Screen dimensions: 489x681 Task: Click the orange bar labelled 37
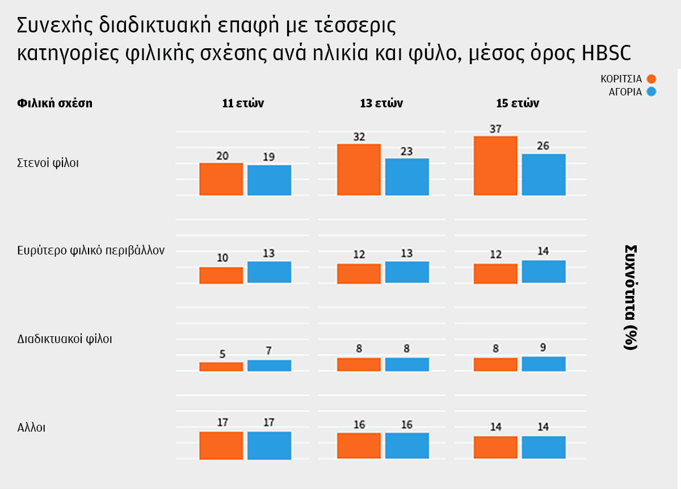coord(495,166)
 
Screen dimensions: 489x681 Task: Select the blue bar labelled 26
coord(544,174)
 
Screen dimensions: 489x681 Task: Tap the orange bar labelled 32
coord(359,170)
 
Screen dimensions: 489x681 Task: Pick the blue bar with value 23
coord(407,177)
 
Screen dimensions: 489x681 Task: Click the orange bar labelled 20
coord(221,179)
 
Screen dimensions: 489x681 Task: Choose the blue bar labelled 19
coord(269,180)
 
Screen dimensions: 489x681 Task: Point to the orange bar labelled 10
coord(221,275)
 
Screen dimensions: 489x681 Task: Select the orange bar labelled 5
coord(221,367)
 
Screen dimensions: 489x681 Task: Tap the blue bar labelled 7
coord(269,366)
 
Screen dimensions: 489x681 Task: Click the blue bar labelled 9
coord(544,364)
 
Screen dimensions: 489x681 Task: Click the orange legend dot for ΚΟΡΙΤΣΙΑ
coord(651,79)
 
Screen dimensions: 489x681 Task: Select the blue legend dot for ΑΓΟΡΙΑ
coord(651,91)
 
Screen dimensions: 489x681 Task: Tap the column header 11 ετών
coord(243,103)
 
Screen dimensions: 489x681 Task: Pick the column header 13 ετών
coord(381,103)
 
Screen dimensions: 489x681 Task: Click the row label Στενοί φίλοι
coord(48,163)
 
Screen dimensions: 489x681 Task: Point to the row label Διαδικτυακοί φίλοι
coord(65,339)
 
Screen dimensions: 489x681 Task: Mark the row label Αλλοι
coord(31,427)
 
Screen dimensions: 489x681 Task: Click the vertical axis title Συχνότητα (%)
coord(631,297)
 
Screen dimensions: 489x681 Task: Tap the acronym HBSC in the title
coord(606,52)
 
